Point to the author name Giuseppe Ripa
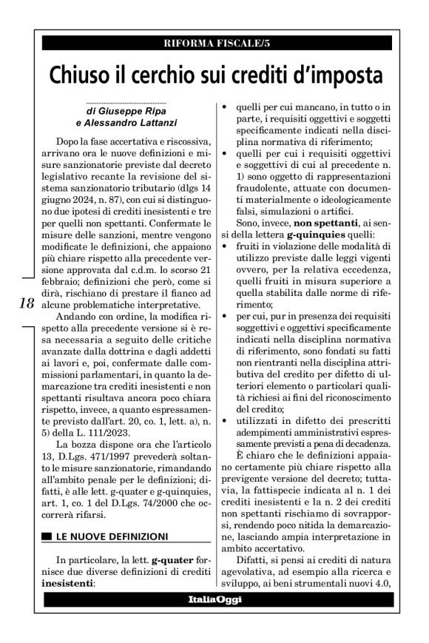click(x=128, y=110)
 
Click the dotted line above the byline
click(x=126, y=101)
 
